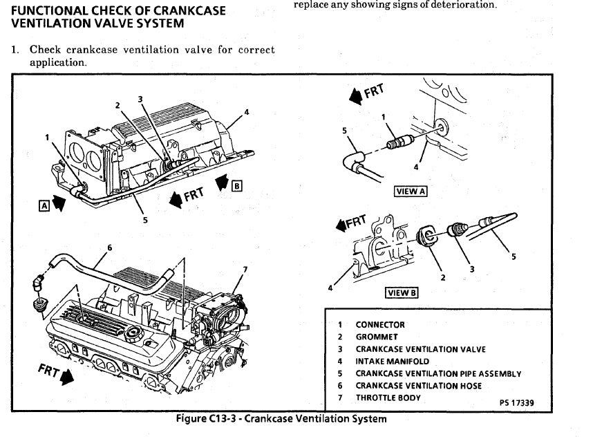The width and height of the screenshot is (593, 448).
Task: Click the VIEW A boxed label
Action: click(x=411, y=192)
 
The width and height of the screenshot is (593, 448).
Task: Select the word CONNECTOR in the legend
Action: click(x=380, y=324)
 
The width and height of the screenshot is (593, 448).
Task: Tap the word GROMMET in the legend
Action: click(x=377, y=337)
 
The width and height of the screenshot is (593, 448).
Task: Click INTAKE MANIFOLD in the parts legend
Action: click(x=392, y=361)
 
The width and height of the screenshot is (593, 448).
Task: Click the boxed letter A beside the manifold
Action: click(x=44, y=204)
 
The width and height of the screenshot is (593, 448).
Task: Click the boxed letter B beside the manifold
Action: click(x=238, y=185)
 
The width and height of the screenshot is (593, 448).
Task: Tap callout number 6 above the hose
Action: click(x=109, y=248)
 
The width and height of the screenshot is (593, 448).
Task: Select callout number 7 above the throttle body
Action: click(x=245, y=268)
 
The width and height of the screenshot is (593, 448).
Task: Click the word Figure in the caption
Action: click(x=191, y=419)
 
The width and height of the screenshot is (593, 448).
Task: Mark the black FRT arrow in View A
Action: click(x=355, y=98)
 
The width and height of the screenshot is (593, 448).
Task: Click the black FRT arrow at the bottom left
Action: click(x=66, y=377)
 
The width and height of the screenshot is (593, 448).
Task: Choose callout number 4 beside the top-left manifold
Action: click(x=246, y=113)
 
